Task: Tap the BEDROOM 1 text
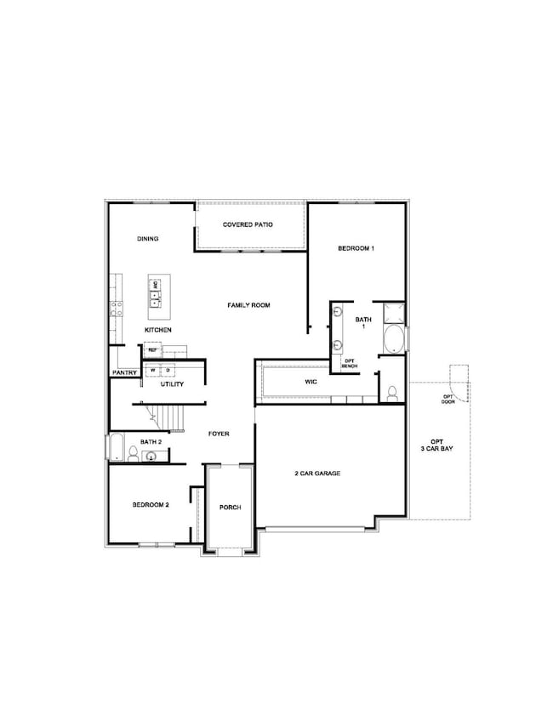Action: pyautogui.click(x=356, y=248)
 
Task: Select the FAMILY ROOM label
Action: pyautogui.click(x=248, y=304)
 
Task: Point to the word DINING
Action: pyautogui.click(x=148, y=239)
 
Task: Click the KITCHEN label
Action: pyautogui.click(x=158, y=329)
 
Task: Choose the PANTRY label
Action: pyautogui.click(x=124, y=372)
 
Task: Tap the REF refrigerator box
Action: pyautogui.click(x=153, y=349)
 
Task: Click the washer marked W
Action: pyautogui.click(x=154, y=371)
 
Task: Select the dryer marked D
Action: pyautogui.click(x=168, y=371)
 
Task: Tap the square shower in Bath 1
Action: pyautogui.click(x=394, y=312)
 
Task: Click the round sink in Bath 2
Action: pyautogui.click(x=151, y=457)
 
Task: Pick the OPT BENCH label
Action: pyautogui.click(x=349, y=363)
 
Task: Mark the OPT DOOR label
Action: pyautogui.click(x=448, y=400)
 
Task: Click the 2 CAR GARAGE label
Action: pyautogui.click(x=316, y=474)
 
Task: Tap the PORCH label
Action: pyautogui.click(x=231, y=507)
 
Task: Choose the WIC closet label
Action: pyautogui.click(x=311, y=383)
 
